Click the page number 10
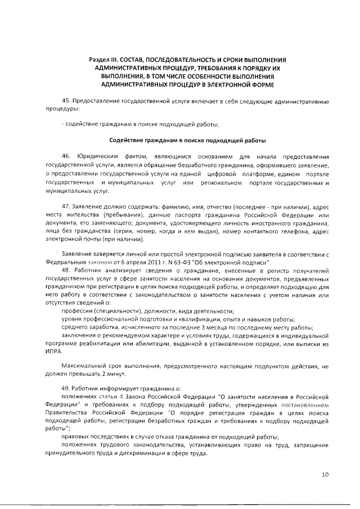coord(325,474)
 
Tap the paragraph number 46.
coord(66,155)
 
